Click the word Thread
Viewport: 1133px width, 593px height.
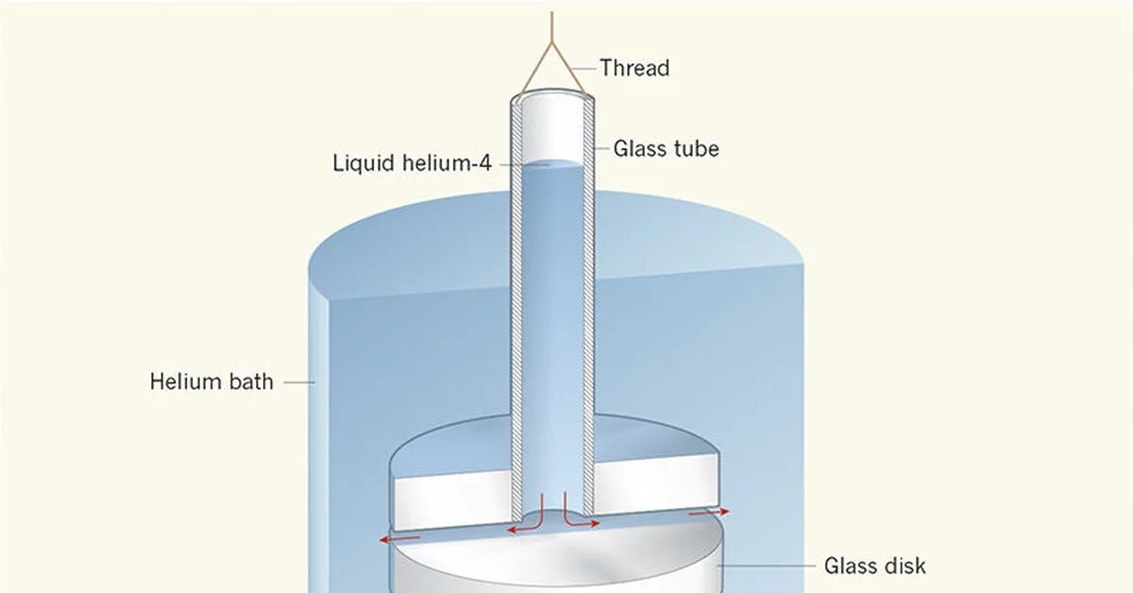coord(634,68)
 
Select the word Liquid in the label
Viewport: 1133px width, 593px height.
coord(363,162)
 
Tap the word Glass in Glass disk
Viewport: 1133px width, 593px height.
coord(851,567)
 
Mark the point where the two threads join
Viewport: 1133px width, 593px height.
coord(552,46)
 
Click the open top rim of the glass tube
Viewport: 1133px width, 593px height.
coord(552,96)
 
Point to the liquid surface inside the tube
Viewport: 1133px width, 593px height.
coord(552,164)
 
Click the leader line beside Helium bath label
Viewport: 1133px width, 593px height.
coord(298,382)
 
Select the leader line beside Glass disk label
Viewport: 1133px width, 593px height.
coord(765,567)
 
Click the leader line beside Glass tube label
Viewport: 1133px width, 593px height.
coord(602,148)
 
